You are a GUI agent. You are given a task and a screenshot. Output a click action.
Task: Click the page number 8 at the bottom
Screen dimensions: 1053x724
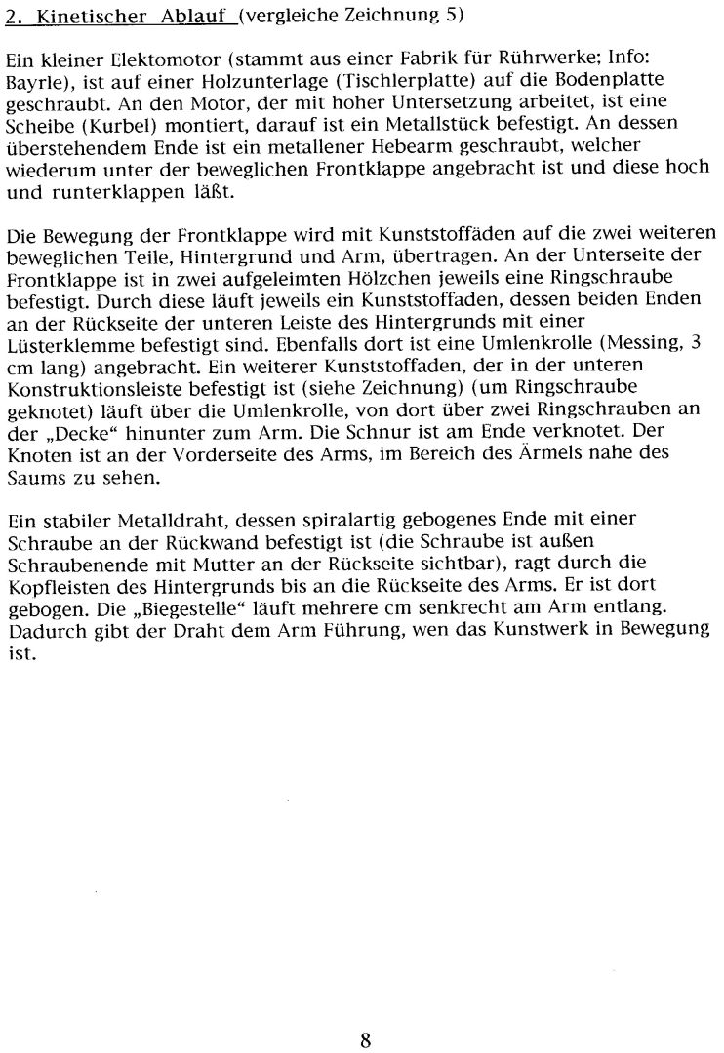click(364, 1039)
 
